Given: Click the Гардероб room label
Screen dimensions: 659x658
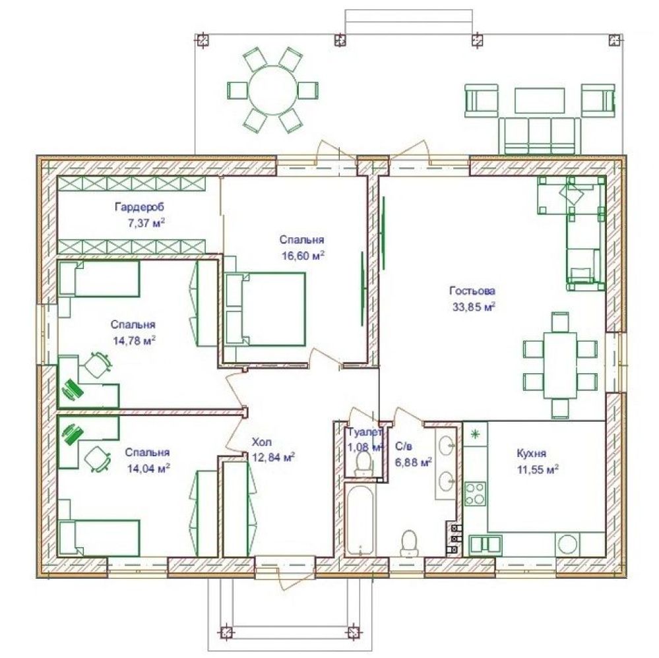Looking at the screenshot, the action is pos(139,207).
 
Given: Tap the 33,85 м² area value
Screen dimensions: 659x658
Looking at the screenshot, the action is pos(473,307).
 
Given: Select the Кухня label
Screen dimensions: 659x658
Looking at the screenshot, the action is pos(531,454).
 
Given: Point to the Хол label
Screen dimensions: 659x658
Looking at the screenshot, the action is pos(261,442).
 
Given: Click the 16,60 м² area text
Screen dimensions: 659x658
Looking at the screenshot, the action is pos(303,255).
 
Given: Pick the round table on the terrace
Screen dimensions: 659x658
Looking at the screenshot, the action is pos(272,91).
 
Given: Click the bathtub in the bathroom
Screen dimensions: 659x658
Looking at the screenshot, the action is pos(360,520).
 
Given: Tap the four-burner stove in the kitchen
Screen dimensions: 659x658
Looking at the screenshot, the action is pos(476,494).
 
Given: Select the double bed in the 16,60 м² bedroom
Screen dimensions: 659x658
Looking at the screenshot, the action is pos(265,309).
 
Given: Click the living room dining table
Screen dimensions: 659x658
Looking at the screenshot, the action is pos(560,365).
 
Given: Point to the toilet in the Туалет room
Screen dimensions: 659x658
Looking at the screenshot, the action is pos(363,463).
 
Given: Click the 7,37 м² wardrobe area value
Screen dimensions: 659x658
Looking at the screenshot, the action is pos(146,223).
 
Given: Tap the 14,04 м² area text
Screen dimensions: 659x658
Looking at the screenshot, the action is pos(148,469).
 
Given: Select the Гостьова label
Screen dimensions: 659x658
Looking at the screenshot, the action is pos(472,291).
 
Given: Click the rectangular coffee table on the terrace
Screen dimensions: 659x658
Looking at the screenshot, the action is pos(540,100).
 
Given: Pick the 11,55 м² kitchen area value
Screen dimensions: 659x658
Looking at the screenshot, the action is pos(538,469).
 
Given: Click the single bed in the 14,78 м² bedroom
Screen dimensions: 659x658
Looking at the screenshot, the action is pos(99,279).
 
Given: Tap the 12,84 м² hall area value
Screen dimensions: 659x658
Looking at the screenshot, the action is pos(273,457).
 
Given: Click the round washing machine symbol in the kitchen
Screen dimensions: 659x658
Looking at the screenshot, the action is pos(567,545).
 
